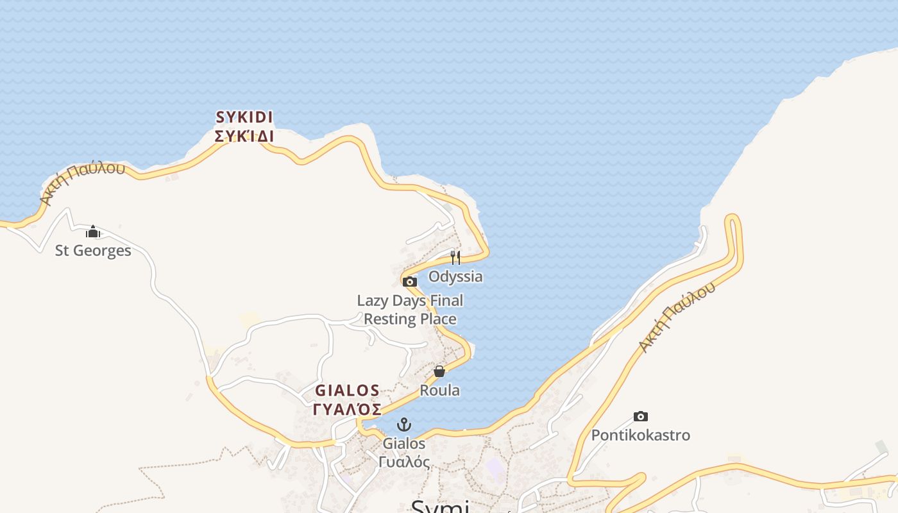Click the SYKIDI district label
[x=244, y=117]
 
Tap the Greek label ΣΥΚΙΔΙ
[x=244, y=136]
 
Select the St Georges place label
[x=93, y=251]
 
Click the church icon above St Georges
[x=93, y=231]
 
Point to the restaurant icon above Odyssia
[x=455, y=258]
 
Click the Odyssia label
[x=455, y=277]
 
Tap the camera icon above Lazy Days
[x=410, y=282]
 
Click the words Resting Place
[x=411, y=319]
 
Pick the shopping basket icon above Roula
[x=439, y=371]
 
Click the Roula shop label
[x=439, y=391]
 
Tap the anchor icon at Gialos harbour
[x=404, y=425]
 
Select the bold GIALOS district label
[x=347, y=391]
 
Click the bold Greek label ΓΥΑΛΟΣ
[x=347, y=409]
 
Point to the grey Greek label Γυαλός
[x=404, y=462]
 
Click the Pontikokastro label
[x=640, y=435]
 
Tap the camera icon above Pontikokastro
[x=640, y=417]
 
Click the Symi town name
[x=440, y=507]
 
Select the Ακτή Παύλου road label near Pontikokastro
[x=677, y=318]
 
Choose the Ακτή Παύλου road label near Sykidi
[x=82, y=184]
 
